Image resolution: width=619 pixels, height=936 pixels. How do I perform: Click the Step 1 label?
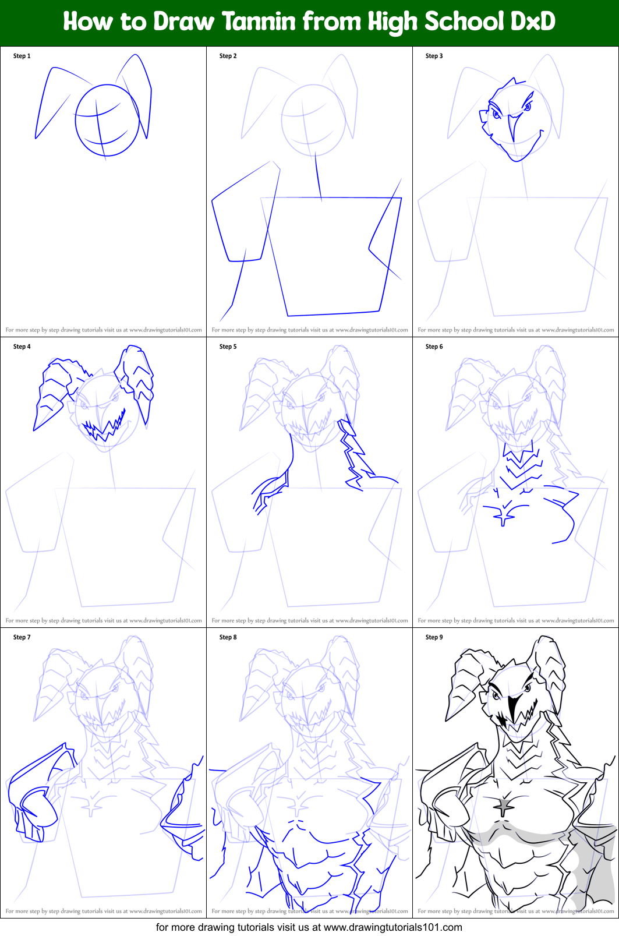pos(22,56)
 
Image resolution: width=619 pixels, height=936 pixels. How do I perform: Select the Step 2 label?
pos(228,56)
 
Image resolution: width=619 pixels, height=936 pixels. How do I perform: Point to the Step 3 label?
pos(434,56)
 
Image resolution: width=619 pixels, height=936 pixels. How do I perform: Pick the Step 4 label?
pos(22,347)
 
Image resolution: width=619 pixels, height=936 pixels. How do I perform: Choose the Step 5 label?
pos(228,347)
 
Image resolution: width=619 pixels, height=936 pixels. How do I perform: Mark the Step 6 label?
pos(434,347)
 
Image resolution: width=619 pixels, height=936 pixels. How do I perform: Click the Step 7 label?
pos(22,637)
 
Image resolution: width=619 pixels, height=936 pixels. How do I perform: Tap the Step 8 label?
pos(228,637)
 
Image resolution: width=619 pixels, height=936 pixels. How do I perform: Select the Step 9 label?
pos(434,637)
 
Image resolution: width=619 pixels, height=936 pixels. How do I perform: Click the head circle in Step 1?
pos(107,120)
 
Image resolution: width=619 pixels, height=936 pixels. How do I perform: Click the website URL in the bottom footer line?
pos(392,927)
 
